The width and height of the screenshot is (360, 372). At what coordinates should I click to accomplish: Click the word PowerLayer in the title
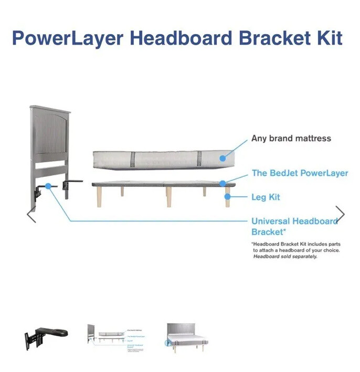pos(67,38)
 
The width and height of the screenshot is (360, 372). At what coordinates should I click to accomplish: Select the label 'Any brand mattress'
pos(291,139)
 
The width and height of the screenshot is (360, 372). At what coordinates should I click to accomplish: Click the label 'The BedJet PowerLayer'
pos(300,173)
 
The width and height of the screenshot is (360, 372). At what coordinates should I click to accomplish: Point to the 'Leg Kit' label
pos(266,197)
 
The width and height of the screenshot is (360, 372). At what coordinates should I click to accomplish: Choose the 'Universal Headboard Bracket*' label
pos(294,226)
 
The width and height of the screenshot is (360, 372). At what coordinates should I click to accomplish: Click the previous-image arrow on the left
pos(31,215)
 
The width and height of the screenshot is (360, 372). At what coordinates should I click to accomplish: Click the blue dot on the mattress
pos(223,157)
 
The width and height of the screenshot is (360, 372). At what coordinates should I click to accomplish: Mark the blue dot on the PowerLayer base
pos(223,183)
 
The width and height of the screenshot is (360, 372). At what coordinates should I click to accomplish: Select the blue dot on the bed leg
pos(227,197)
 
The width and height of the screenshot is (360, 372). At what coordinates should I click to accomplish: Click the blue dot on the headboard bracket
pos(48,185)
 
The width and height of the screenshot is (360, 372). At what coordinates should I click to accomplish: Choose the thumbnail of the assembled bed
pos(187,337)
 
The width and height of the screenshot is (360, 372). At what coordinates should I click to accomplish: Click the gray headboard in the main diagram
pos(50,136)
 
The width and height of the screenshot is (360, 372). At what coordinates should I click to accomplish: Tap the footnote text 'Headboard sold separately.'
pos(285,257)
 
